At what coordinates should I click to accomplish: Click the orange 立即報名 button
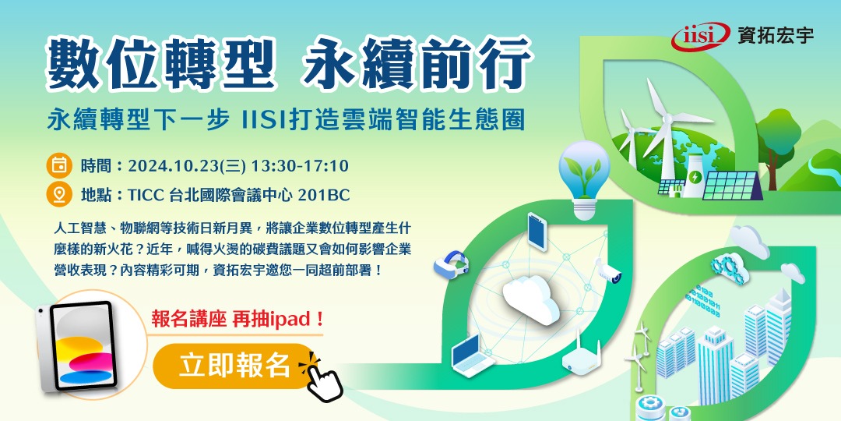(234, 366)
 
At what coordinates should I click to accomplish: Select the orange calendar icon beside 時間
(58, 165)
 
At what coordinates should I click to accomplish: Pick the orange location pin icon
(58, 194)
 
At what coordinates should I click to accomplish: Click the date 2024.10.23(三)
(188, 166)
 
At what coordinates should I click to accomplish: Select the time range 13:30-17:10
(301, 166)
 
